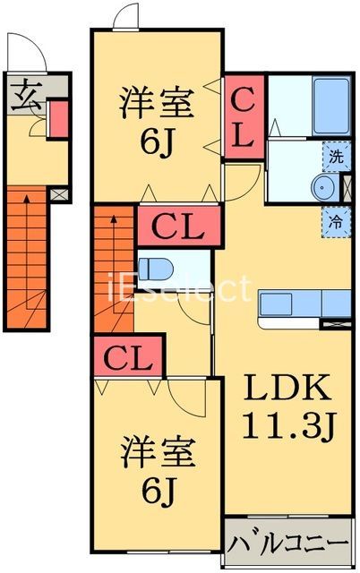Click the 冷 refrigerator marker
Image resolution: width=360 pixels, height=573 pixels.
pyautogui.click(x=335, y=219)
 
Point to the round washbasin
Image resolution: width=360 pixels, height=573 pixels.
pyautogui.click(x=323, y=187)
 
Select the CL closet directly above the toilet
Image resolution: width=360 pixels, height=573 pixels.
pyautogui.click(x=176, y=226)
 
